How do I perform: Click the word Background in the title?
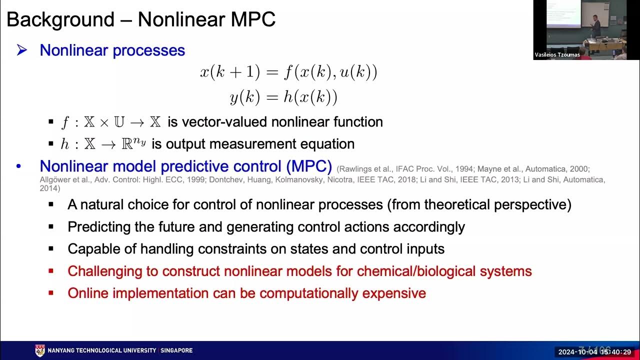[x=60, y=19]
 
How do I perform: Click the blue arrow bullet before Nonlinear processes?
[x=21, y=50]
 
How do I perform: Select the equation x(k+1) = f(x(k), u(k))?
[x=288, y=72]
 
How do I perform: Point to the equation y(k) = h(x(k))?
[x=283, y=97]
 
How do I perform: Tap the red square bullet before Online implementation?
[x=51, y=293]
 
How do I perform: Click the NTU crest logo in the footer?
[x=40, y=350]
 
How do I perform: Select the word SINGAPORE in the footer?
[x=177, y=350]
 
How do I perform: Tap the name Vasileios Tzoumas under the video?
[x=557, y=55]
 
